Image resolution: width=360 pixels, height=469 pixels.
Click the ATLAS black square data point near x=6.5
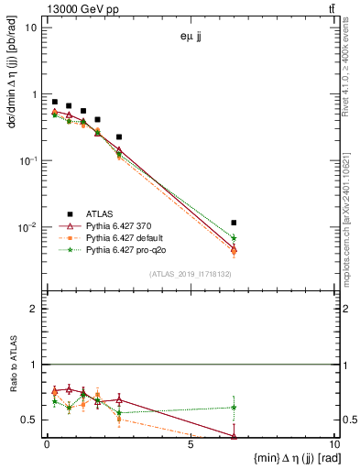(x=235, y=223)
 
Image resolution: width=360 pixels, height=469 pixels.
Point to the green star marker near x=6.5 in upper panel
(x=235, y=238)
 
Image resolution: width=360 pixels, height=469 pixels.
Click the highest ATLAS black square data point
(x=55, y=102)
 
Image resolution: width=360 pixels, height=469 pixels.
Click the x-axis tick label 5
(x=190, y=444)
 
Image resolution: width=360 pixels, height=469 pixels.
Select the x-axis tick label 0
(x=47, y=444)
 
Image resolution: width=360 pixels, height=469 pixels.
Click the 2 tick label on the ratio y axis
(x=35, y=310)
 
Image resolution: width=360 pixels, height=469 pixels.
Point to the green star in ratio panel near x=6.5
(x=235, y=407)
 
